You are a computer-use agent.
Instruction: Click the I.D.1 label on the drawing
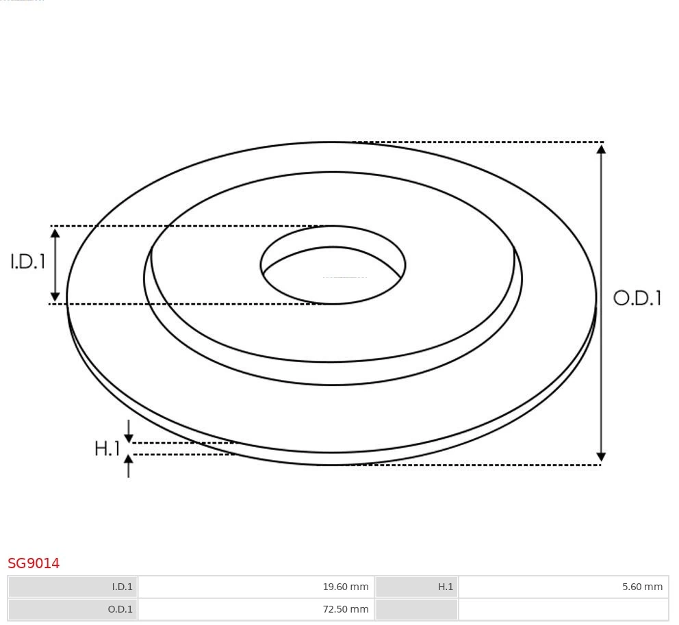coord(27,262)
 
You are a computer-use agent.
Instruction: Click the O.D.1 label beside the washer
coord(637,298)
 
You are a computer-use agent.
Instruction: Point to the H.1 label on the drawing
coord(107,449)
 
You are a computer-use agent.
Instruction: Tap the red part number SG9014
coord(34,563)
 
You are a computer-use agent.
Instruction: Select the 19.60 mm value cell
coord(256,587)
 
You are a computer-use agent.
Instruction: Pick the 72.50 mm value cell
coord(256,609)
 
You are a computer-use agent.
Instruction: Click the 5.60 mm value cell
coord(563,587)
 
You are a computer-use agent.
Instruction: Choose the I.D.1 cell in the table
coord(73,587)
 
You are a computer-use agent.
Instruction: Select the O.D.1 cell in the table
coord(73,609)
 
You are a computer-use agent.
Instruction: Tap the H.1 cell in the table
coord(416,587)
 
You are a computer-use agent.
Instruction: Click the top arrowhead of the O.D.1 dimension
coord(601,149)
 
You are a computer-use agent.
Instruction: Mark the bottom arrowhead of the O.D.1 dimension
coord(601,457)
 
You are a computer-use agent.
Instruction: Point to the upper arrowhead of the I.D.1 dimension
coord(55,233)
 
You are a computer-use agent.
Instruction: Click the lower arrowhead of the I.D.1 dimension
coord(55,296)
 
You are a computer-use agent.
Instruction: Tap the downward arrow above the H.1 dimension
coord(129,437)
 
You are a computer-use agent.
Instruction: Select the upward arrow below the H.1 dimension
coord(129,460)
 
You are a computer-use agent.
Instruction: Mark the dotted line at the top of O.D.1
coord(479,142)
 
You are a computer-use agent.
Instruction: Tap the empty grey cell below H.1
coord(416,609)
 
